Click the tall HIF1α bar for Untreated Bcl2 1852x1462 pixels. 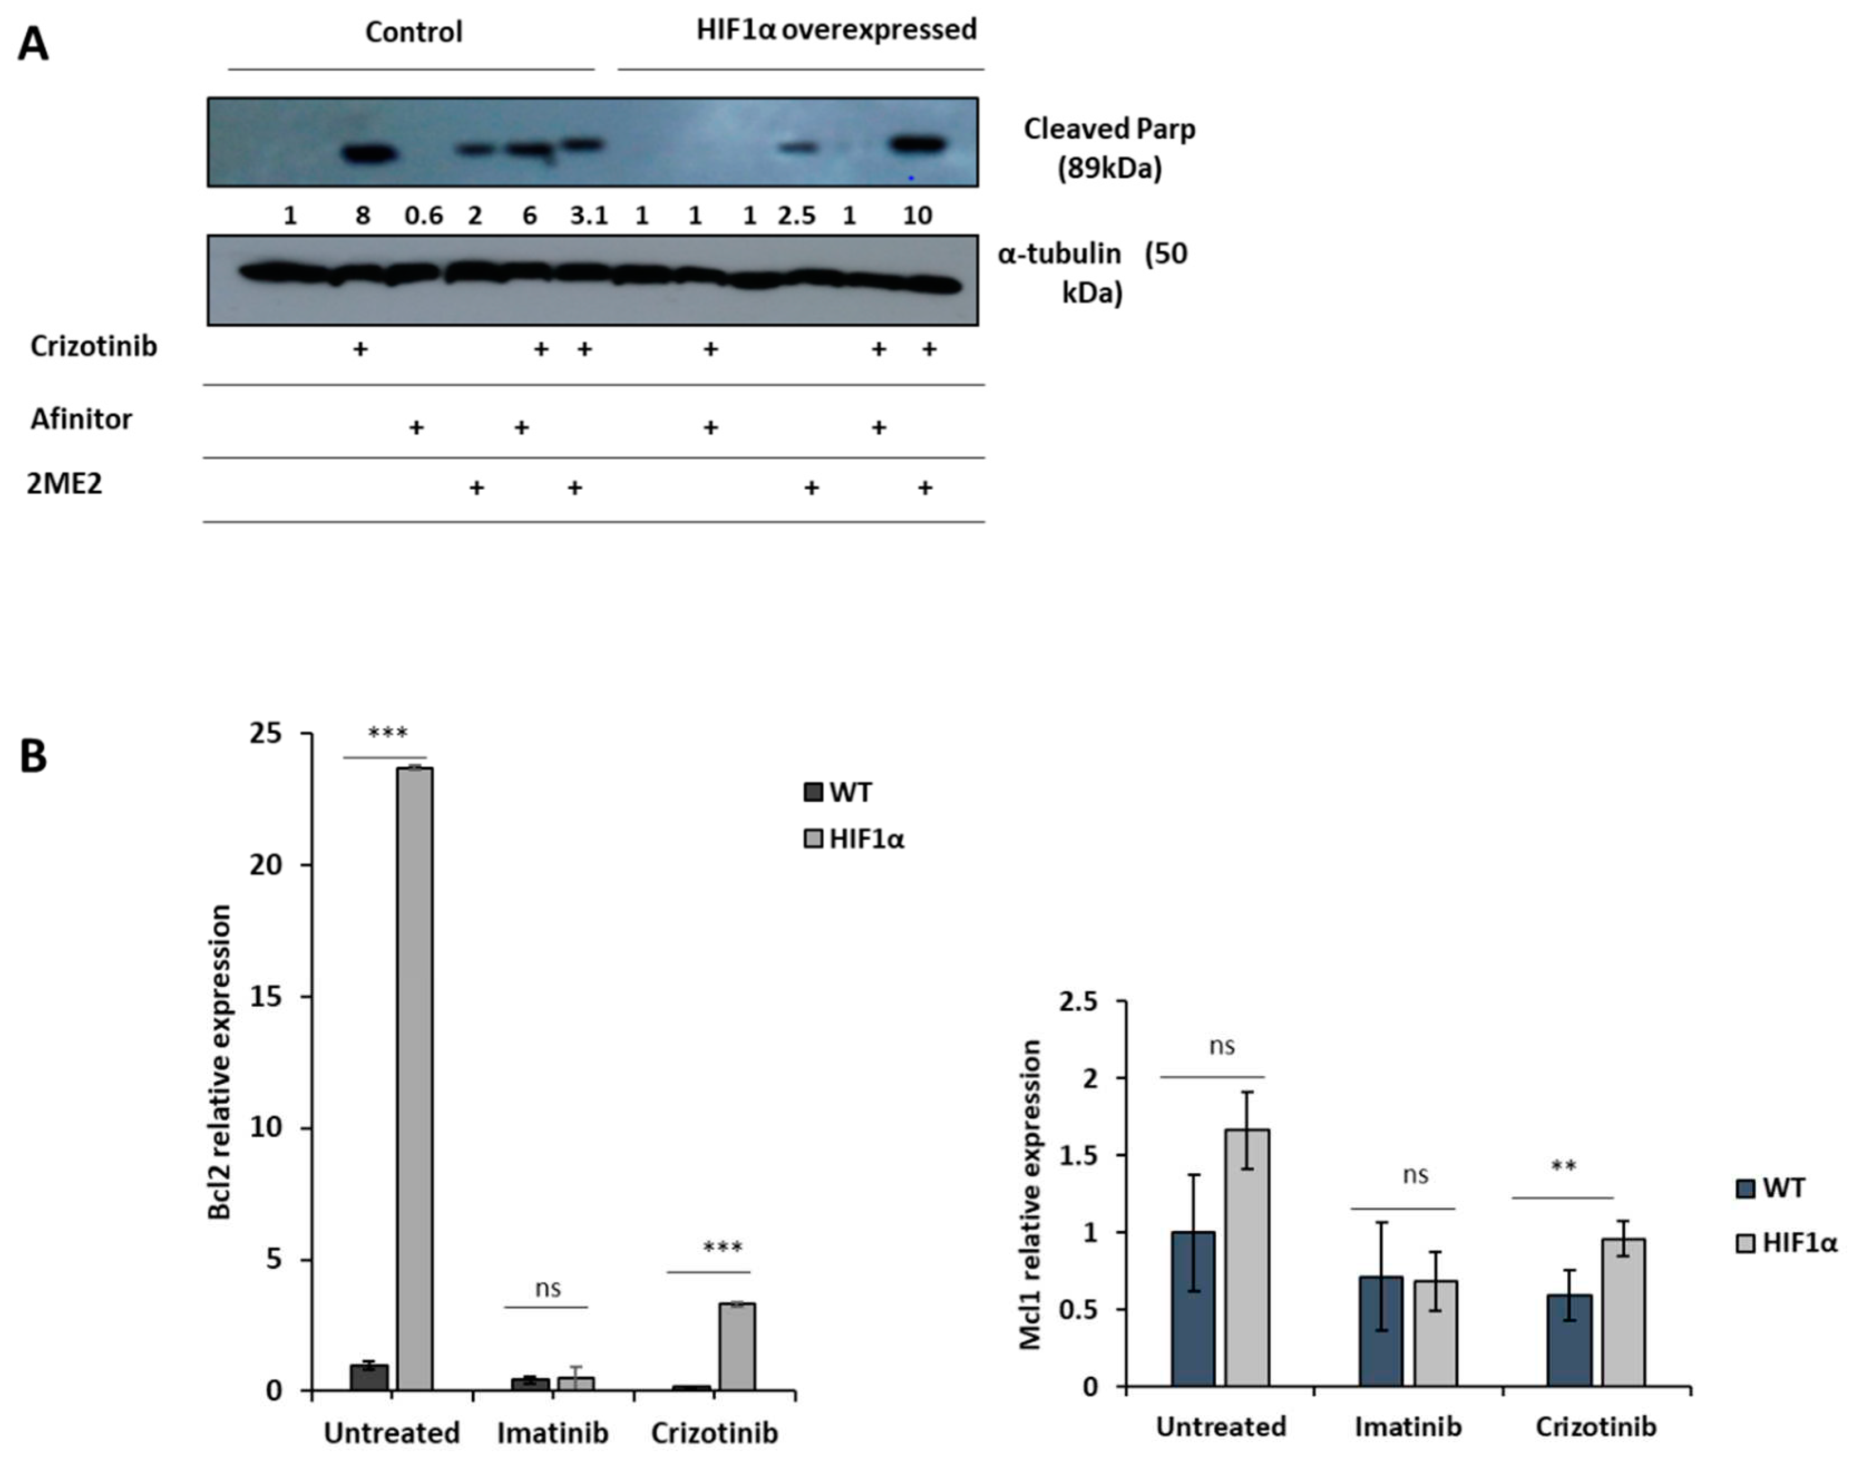[414, 1079]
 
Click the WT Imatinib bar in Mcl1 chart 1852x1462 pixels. [1381, 1331]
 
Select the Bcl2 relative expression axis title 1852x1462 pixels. [220, 1061]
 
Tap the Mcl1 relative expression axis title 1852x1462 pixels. [1031, 1194]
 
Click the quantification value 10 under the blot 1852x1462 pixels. [917, 216]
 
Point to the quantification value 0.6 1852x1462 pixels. [424, 216]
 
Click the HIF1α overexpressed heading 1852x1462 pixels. [835, 30]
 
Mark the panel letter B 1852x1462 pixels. [33, 757]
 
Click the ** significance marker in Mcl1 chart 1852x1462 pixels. [1563, 1166]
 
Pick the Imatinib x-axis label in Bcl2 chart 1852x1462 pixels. [553, 1432]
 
